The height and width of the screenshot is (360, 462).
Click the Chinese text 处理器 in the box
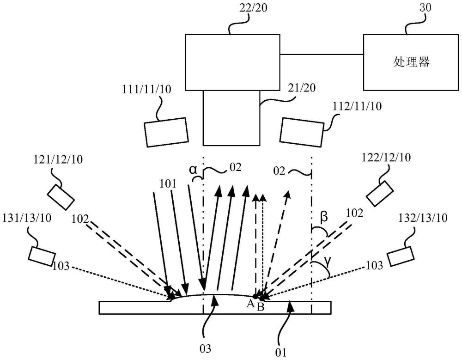[x=411, y=62]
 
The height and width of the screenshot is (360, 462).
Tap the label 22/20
[x=253, y=8]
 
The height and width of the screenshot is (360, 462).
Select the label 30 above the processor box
[x=425, y=8]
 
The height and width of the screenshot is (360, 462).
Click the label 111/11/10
[x=147, y=89]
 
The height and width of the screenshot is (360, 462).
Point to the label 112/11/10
[x=357, y=106]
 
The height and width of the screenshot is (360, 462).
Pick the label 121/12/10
[x=58, y=159]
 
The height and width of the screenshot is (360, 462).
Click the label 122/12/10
[x=386, y=157]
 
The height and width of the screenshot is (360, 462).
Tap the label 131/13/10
[x=27, y=218]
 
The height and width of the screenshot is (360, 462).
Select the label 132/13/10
[x=423, y=218]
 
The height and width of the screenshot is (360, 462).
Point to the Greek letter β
[x=323, y=217]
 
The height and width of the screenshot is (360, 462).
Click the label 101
[x=168, y=184]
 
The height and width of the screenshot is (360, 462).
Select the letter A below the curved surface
[x=250, y=303]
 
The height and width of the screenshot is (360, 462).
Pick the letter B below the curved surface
[x=261, y=307]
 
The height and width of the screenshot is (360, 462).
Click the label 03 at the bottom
[x=206, y=349]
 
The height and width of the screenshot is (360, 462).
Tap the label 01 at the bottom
[x=280, y=352]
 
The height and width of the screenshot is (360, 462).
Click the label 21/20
[x=301, y=87]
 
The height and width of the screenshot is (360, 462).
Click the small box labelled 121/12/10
[x=61, y=197]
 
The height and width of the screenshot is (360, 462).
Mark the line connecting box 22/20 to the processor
[x=322, y=54]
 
